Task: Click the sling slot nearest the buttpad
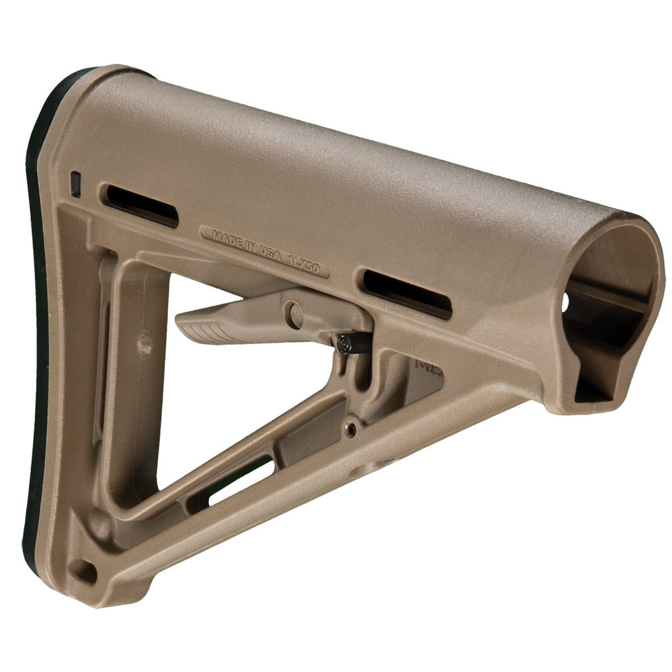(139, 204)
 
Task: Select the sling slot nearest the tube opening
(407, 294)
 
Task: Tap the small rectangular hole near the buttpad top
(76, 183)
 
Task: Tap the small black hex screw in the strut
(350, 429)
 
